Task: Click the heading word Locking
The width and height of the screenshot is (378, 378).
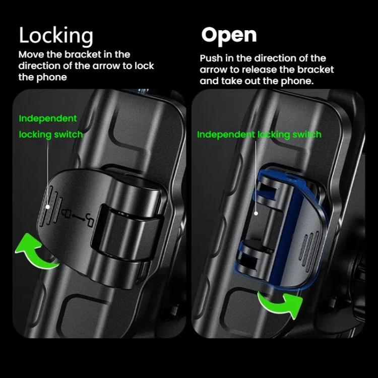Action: [56, 36]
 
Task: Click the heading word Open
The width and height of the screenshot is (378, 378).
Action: [229, 35]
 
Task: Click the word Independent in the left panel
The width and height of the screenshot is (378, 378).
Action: [48, 118]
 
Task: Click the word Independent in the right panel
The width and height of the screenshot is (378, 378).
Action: [226, 135]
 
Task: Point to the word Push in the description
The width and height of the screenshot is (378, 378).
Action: [212, 58]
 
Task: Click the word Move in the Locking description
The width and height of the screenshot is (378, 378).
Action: [31, 54]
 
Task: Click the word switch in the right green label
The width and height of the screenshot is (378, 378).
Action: [305, 135]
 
